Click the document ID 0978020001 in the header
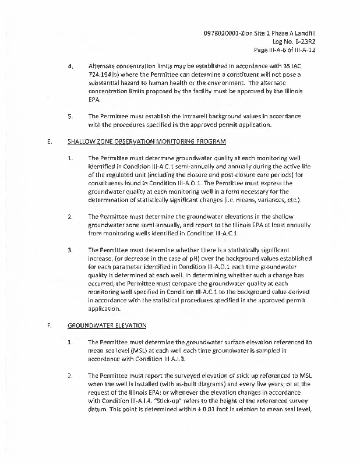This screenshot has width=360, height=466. (x=224, y=34)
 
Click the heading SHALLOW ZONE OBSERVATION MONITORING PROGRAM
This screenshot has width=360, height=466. (x=146, y=142)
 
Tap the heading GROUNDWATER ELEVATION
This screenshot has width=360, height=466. (x=107, y=326)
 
